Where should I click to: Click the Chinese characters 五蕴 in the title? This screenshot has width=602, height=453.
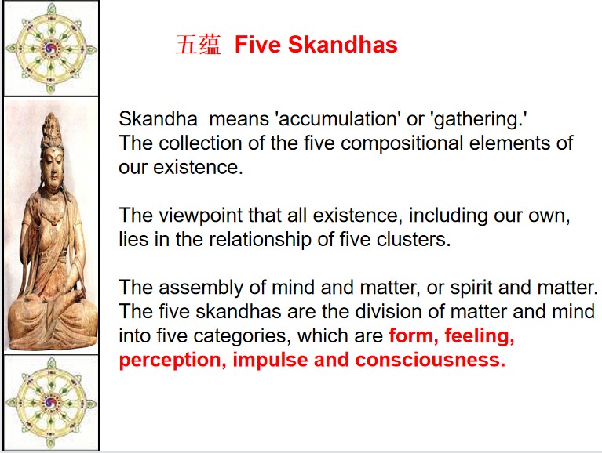pos(199,45)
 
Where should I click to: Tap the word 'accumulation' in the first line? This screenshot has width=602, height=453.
pos(337,118)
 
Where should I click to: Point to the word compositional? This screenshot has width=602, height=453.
pos(401,143)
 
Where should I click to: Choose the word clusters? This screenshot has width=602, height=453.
pos(413,239)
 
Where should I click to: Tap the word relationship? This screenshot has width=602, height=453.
pos(261,240)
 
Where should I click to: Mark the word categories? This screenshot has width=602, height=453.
pos(242,336)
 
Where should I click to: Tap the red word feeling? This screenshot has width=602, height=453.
pos(479,336)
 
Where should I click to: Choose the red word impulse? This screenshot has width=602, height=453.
pos(270,361)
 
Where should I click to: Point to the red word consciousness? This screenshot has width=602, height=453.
pos(430,360)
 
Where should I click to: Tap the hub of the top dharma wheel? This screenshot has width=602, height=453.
pos(51,49)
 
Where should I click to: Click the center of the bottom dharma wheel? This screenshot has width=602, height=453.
pos(51,403)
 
